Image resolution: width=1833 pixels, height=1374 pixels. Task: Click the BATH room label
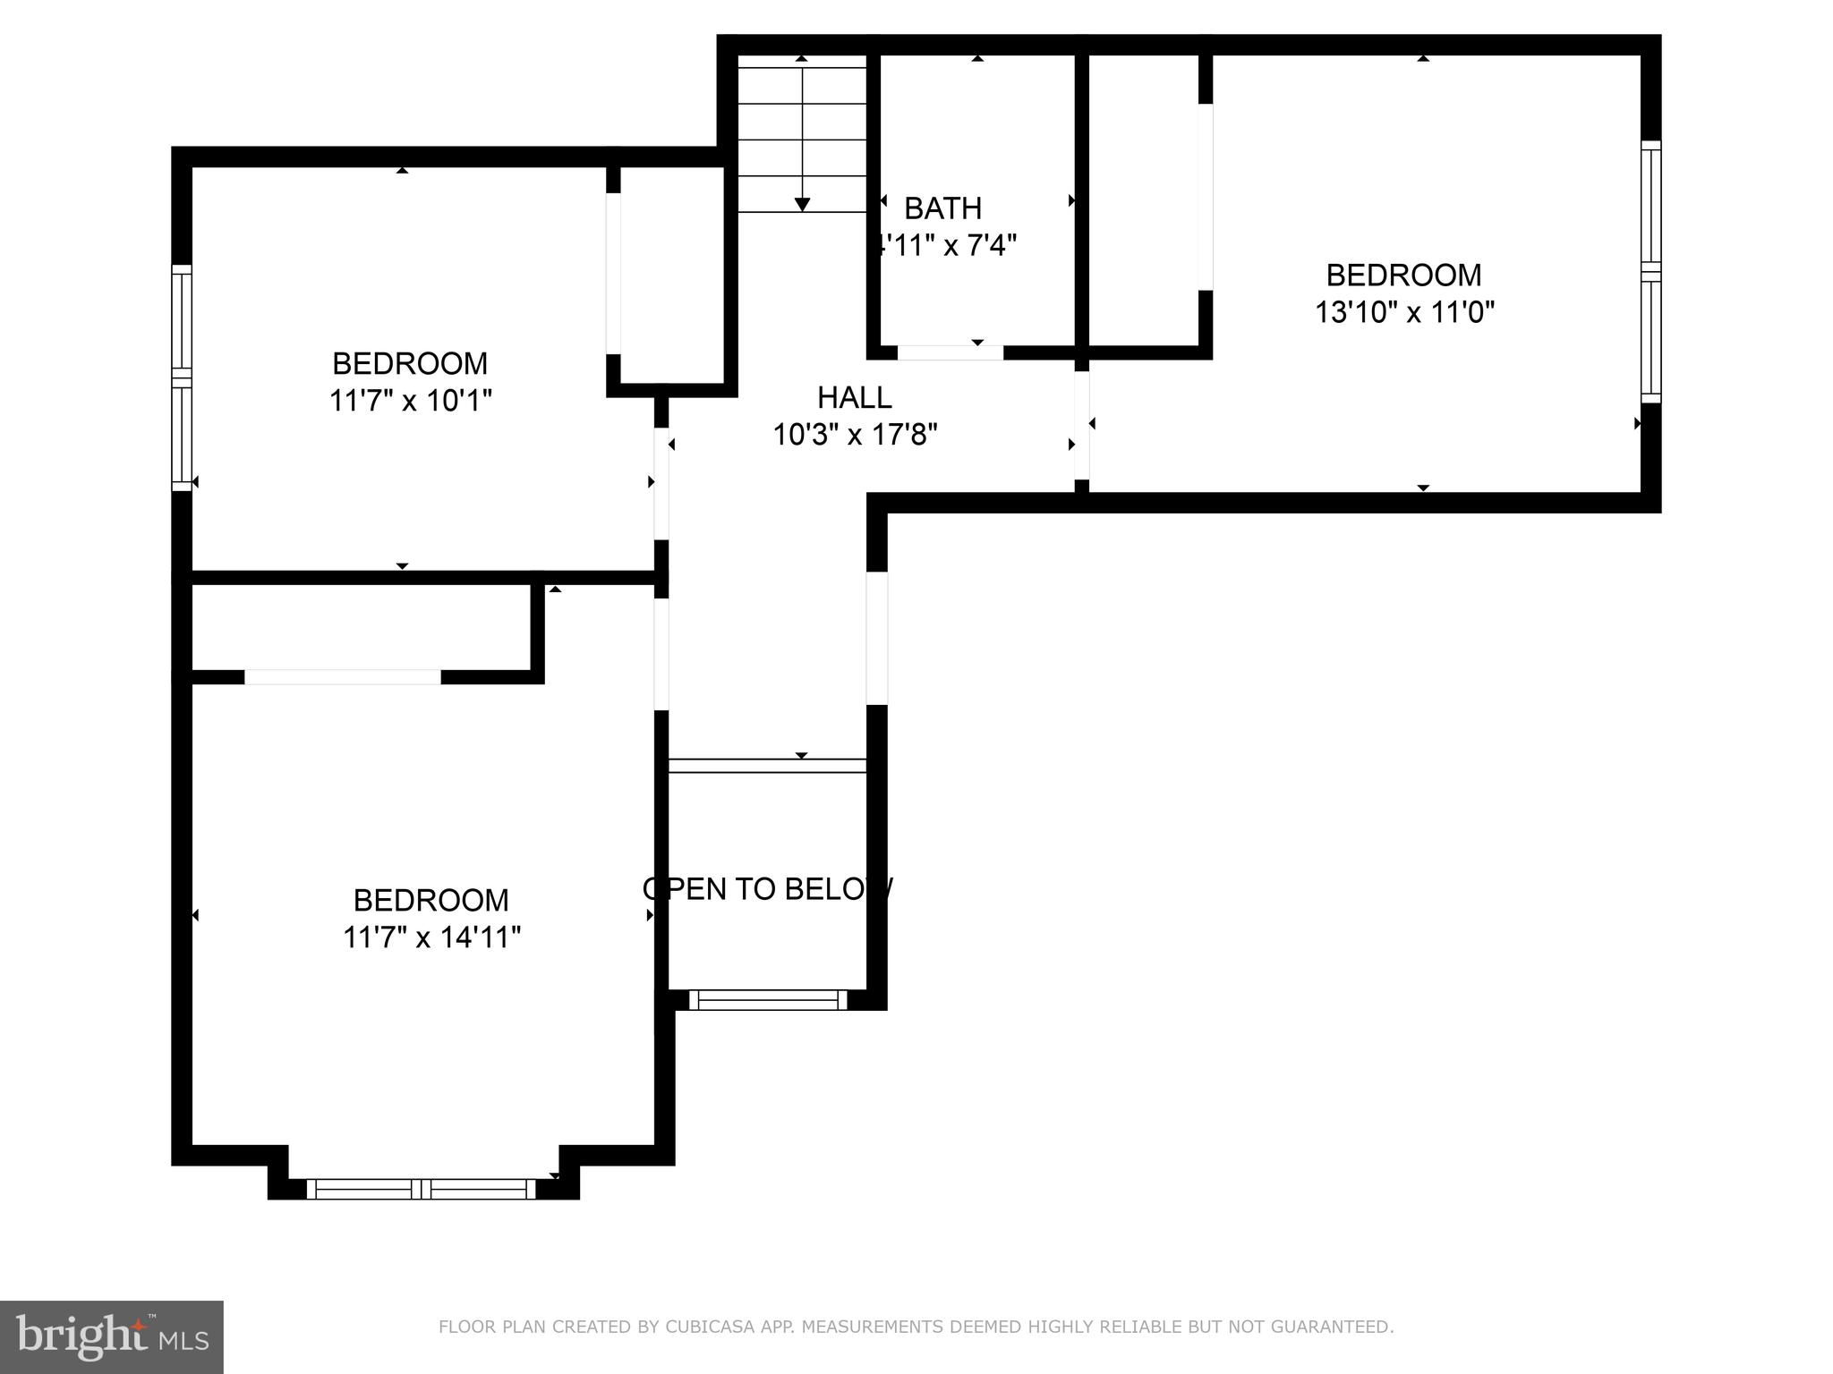click(942, 208)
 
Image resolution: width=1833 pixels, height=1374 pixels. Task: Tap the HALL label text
click(854, 397)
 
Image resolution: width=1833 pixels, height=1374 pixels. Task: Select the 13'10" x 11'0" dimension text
click(1404, 312)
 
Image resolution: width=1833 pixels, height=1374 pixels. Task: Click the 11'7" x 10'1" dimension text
click(411, 401)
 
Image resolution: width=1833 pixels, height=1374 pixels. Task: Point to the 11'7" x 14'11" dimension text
click(431, 937)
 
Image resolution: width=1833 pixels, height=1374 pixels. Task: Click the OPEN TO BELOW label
click(768, 888)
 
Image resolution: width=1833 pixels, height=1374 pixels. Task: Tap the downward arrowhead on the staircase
click(802, 205)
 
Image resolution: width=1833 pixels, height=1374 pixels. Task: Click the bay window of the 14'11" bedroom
click(422, 1189)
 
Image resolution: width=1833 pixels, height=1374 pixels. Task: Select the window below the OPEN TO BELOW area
click(768, 1000)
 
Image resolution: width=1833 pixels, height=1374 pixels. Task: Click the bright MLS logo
click(111, 1336)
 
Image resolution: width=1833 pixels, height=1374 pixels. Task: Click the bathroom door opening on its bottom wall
click(950, 352)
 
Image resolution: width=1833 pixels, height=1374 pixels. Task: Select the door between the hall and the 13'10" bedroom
click(1081, 425)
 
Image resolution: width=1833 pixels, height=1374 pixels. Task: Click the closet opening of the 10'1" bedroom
click(613, 273)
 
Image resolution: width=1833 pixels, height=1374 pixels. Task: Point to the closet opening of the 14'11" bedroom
click(343, 677)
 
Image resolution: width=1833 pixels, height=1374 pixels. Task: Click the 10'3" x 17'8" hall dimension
click(854, 435)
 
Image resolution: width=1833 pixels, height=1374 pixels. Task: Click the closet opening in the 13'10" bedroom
click(1206, 197)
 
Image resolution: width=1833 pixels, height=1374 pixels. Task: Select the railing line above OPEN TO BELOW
click(768, 766)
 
